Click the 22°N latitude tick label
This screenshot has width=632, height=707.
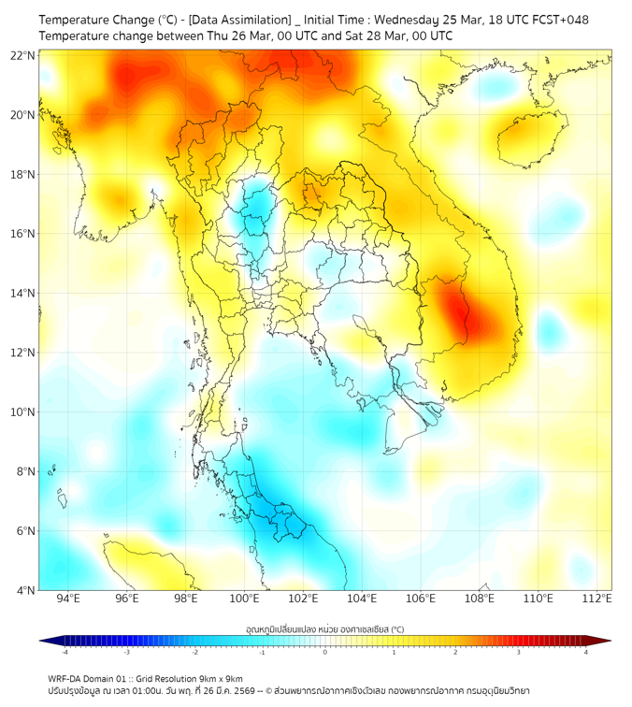pos(23,55)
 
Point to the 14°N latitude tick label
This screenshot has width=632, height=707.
pos(23,294)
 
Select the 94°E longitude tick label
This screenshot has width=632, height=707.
pos(68,599)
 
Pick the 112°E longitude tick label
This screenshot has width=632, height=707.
pos(597,599)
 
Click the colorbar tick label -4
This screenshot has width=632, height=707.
pos(65,652)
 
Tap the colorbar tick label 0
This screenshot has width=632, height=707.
pos(325,652)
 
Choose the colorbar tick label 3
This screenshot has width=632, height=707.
pos(521,652)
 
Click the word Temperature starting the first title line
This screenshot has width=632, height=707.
pos(78,20)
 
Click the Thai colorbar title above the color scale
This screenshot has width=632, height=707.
pos(324,629)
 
